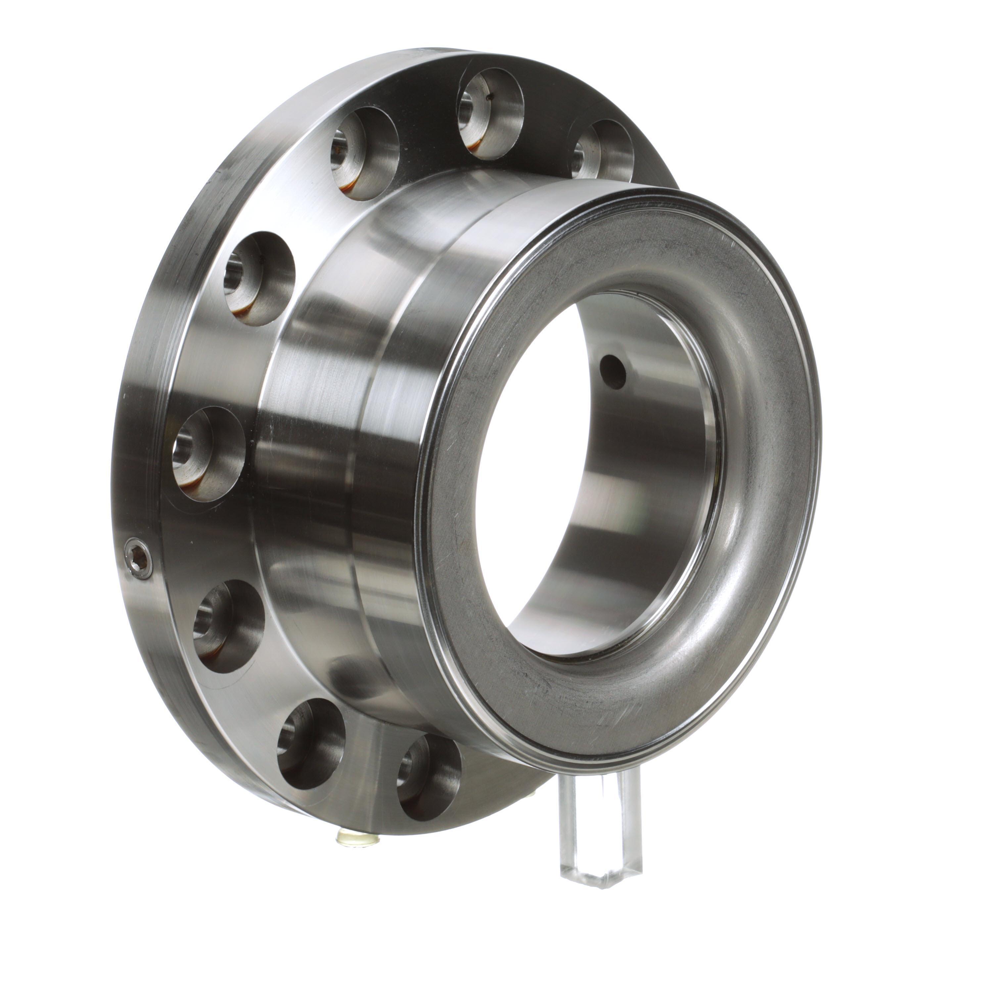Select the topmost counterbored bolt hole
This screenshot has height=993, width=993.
490,113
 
